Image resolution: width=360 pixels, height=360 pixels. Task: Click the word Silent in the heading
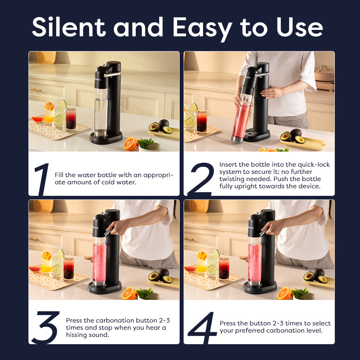(x=69, y=27)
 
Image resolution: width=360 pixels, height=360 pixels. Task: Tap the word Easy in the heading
(x=202, y=29)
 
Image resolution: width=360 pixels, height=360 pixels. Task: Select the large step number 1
(x=42, y=179)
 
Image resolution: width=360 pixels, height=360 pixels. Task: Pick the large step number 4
(x=202, y=328)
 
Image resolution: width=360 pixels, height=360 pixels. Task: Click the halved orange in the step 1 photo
(x=130, y=144)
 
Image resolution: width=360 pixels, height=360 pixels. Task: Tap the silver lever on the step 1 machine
(x=112, y=75)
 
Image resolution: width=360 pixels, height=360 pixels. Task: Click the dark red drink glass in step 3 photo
(x=69, y=269)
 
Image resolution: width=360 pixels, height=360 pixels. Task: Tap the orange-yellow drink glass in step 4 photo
(x=202, y=263)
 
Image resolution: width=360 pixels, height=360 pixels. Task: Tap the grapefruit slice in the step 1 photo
(x=38, y=120)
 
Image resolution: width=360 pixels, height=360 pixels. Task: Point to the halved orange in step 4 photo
(x=284, y=293)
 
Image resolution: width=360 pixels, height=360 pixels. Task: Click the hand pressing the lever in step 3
(x=118, y=227)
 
